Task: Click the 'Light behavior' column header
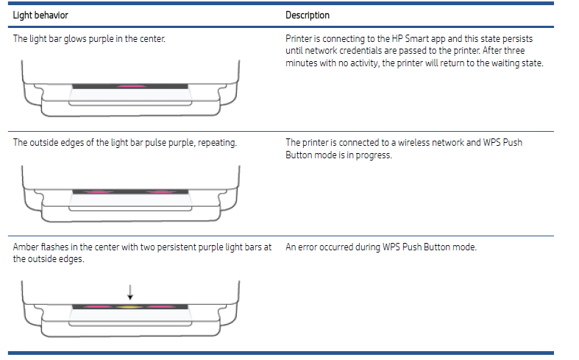pyautogui.click(x=36, y=15)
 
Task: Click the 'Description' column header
pyautogui.click(x=308, y=15)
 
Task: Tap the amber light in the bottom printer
pyautogui.click(x=130, y=306)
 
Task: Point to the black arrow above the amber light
pyautogui.click(x=130, y=292)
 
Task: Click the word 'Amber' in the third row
pyautogui.click(x=26, y=247)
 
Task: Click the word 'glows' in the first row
pyautogui.click(x=71, y=38)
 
